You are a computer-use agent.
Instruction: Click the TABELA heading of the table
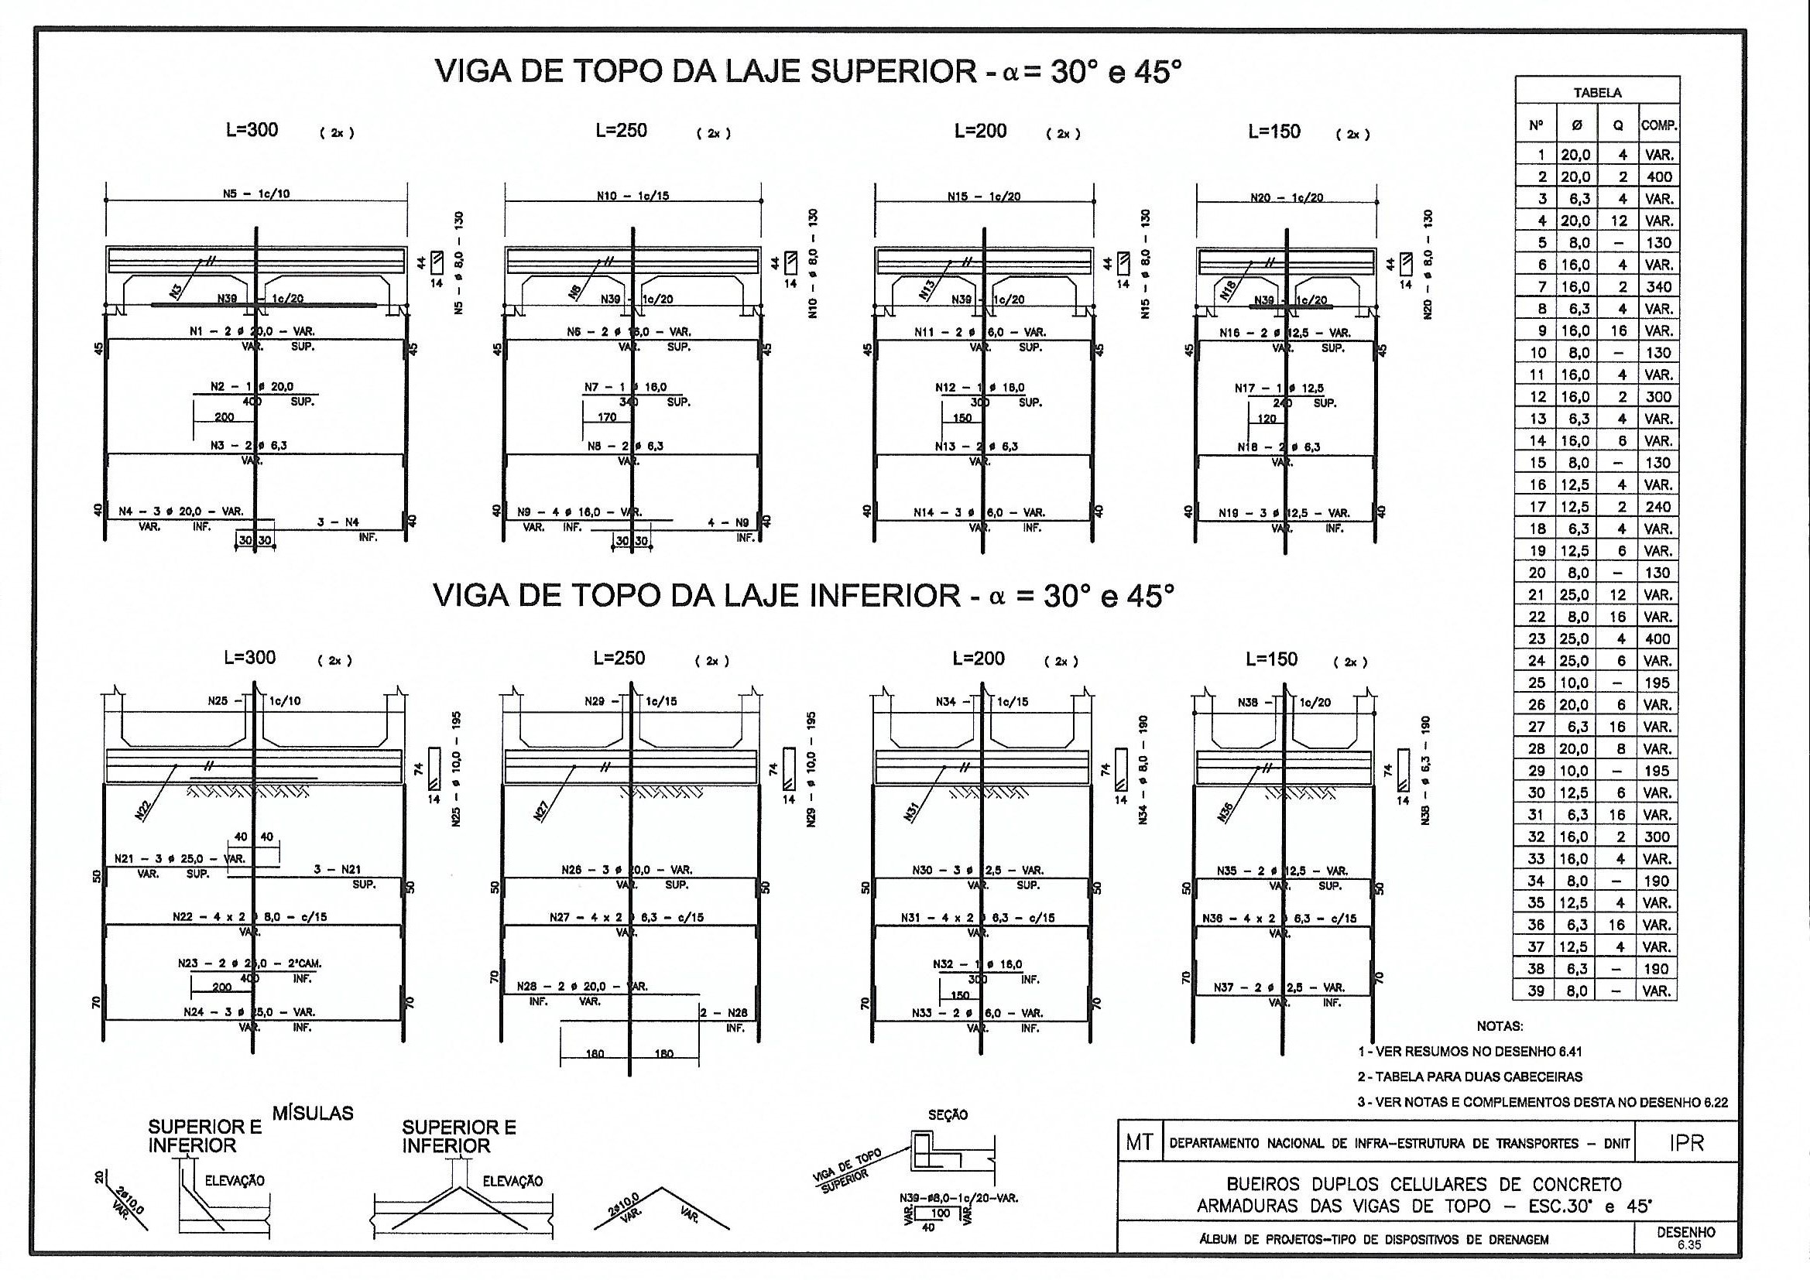click(x=1597, y=92)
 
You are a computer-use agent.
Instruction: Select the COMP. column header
click(x=1658, y=125)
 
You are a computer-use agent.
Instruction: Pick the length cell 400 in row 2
click(x=1658, y=176)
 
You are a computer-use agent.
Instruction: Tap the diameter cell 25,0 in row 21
click(x=1575, y=595)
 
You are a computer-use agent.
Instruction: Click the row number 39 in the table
click(x=1536, y=991)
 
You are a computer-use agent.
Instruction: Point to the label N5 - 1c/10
click(x=257, y=194)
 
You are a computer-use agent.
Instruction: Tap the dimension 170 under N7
click(x=607, y=417)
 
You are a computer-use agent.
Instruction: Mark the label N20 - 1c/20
click(x=1287, y=198)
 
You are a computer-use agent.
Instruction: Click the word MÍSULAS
click(x=313, y=1114)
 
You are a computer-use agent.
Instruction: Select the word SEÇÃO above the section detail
click(x=948, y=1115)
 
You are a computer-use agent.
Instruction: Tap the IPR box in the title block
click(x=1686, y=1144)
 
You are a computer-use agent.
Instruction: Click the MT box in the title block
click(x=1139, y=1144)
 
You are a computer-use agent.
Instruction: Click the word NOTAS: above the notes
click(x=1500, y=1026)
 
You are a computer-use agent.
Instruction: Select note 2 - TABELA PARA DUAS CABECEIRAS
click(x=1469, y=1076)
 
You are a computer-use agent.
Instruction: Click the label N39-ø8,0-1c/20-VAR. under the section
click(x=958, y=1198)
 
